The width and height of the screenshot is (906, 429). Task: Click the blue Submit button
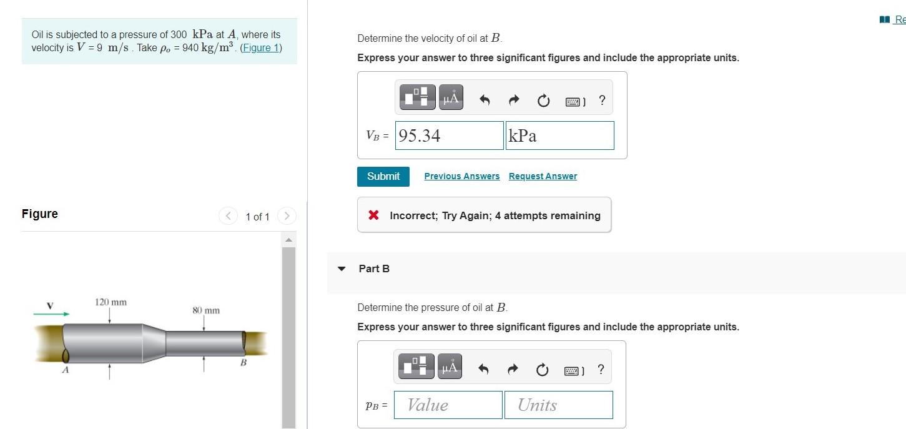pos(383,176)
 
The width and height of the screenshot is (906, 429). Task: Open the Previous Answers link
pos(461,176)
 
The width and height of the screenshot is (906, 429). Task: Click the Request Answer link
pos(543,176)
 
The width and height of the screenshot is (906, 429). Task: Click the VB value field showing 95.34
pos(450,136)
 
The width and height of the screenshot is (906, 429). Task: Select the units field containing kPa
pos(560,136)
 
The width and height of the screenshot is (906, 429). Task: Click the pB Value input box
pos(448,405)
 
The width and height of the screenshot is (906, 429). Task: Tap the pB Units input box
pos(559,405)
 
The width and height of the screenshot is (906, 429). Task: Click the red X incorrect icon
pos(374,215)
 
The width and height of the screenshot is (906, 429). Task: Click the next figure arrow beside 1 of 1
pos(287,216)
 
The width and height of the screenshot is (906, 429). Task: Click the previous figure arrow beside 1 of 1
pos(228,216)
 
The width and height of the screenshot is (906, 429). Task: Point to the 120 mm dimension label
pos(111,302)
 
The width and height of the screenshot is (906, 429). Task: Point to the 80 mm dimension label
pos(206,310)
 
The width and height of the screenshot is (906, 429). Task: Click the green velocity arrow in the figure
pos(51,313)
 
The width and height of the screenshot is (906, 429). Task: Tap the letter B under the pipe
pos(244,362)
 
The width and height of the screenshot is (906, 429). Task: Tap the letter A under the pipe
pos(66,370)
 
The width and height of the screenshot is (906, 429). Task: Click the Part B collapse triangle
pos(342,269)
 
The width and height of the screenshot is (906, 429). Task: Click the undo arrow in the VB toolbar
pos(485,99)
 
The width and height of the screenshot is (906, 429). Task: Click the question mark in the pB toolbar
pos(601,369)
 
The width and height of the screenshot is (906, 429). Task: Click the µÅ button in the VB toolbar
pos(451,97)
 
